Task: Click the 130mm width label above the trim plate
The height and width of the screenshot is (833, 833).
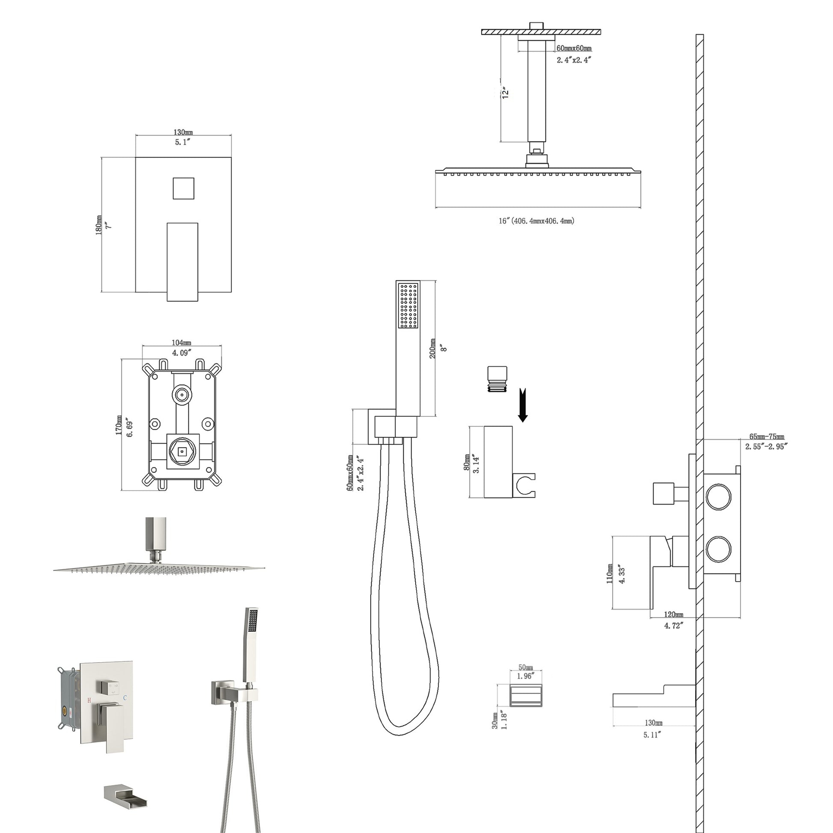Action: [x=183, y=132]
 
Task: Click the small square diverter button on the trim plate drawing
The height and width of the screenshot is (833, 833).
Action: [x=183, y=188]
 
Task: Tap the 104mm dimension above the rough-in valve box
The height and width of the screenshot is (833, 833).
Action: [x=181, y=342]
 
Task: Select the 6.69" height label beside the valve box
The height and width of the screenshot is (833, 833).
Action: [x=130, y=427]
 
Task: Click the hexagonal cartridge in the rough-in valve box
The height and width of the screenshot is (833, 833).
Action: [x=183, y=452]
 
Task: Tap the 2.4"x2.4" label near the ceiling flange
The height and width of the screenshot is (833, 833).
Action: [x=574, y=60]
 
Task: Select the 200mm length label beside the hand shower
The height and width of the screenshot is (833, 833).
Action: [x=432, y=348]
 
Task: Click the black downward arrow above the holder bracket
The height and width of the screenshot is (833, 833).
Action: [x=523, y=405]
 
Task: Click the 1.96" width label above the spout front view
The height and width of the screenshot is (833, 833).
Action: [x=525, y=676]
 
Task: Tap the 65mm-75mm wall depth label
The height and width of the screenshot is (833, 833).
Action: [x=767, y=437]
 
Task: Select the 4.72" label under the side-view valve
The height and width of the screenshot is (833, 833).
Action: [x=673, y=625]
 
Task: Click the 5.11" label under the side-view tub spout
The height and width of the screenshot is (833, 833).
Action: [x=652, y=735]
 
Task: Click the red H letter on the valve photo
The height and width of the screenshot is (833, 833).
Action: [x=89, y=700]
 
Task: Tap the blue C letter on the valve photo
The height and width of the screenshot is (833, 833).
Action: [x=125, y=697]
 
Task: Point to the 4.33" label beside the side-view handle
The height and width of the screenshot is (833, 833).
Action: [x=622, y=574]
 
